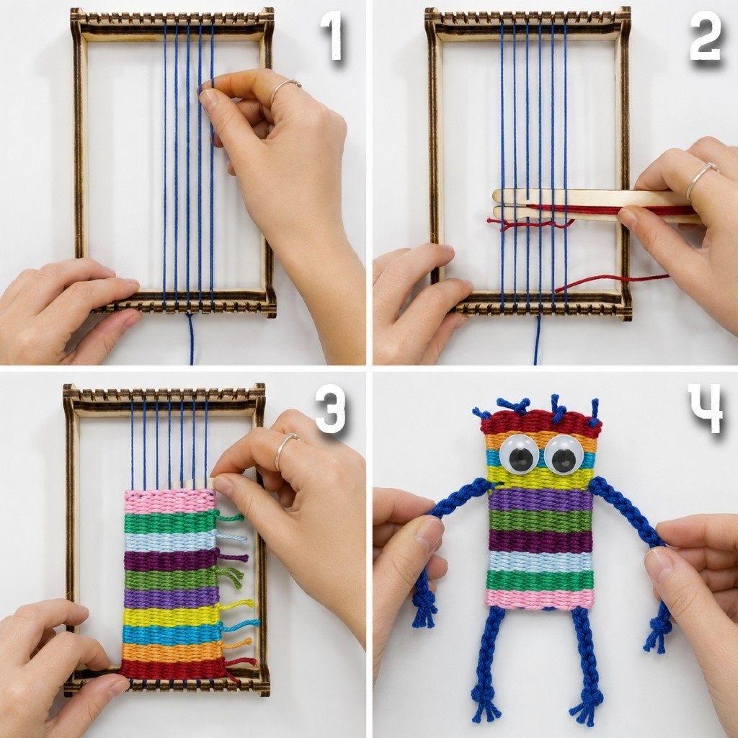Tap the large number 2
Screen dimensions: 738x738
point(705,36)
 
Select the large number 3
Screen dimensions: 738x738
point(330,409)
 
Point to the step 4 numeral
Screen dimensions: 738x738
point(705,408)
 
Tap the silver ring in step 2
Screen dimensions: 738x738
point(701,178)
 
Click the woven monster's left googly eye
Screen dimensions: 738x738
point(520,454)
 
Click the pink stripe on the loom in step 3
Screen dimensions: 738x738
point(170,502)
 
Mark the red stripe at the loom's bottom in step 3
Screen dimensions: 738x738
point(172,670)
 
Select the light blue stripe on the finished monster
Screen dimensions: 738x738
point(541,561)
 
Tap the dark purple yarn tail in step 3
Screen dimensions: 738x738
point(233,557)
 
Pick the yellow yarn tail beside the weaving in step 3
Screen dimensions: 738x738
point(236,605)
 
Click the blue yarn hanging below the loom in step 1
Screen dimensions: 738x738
point(190,339)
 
